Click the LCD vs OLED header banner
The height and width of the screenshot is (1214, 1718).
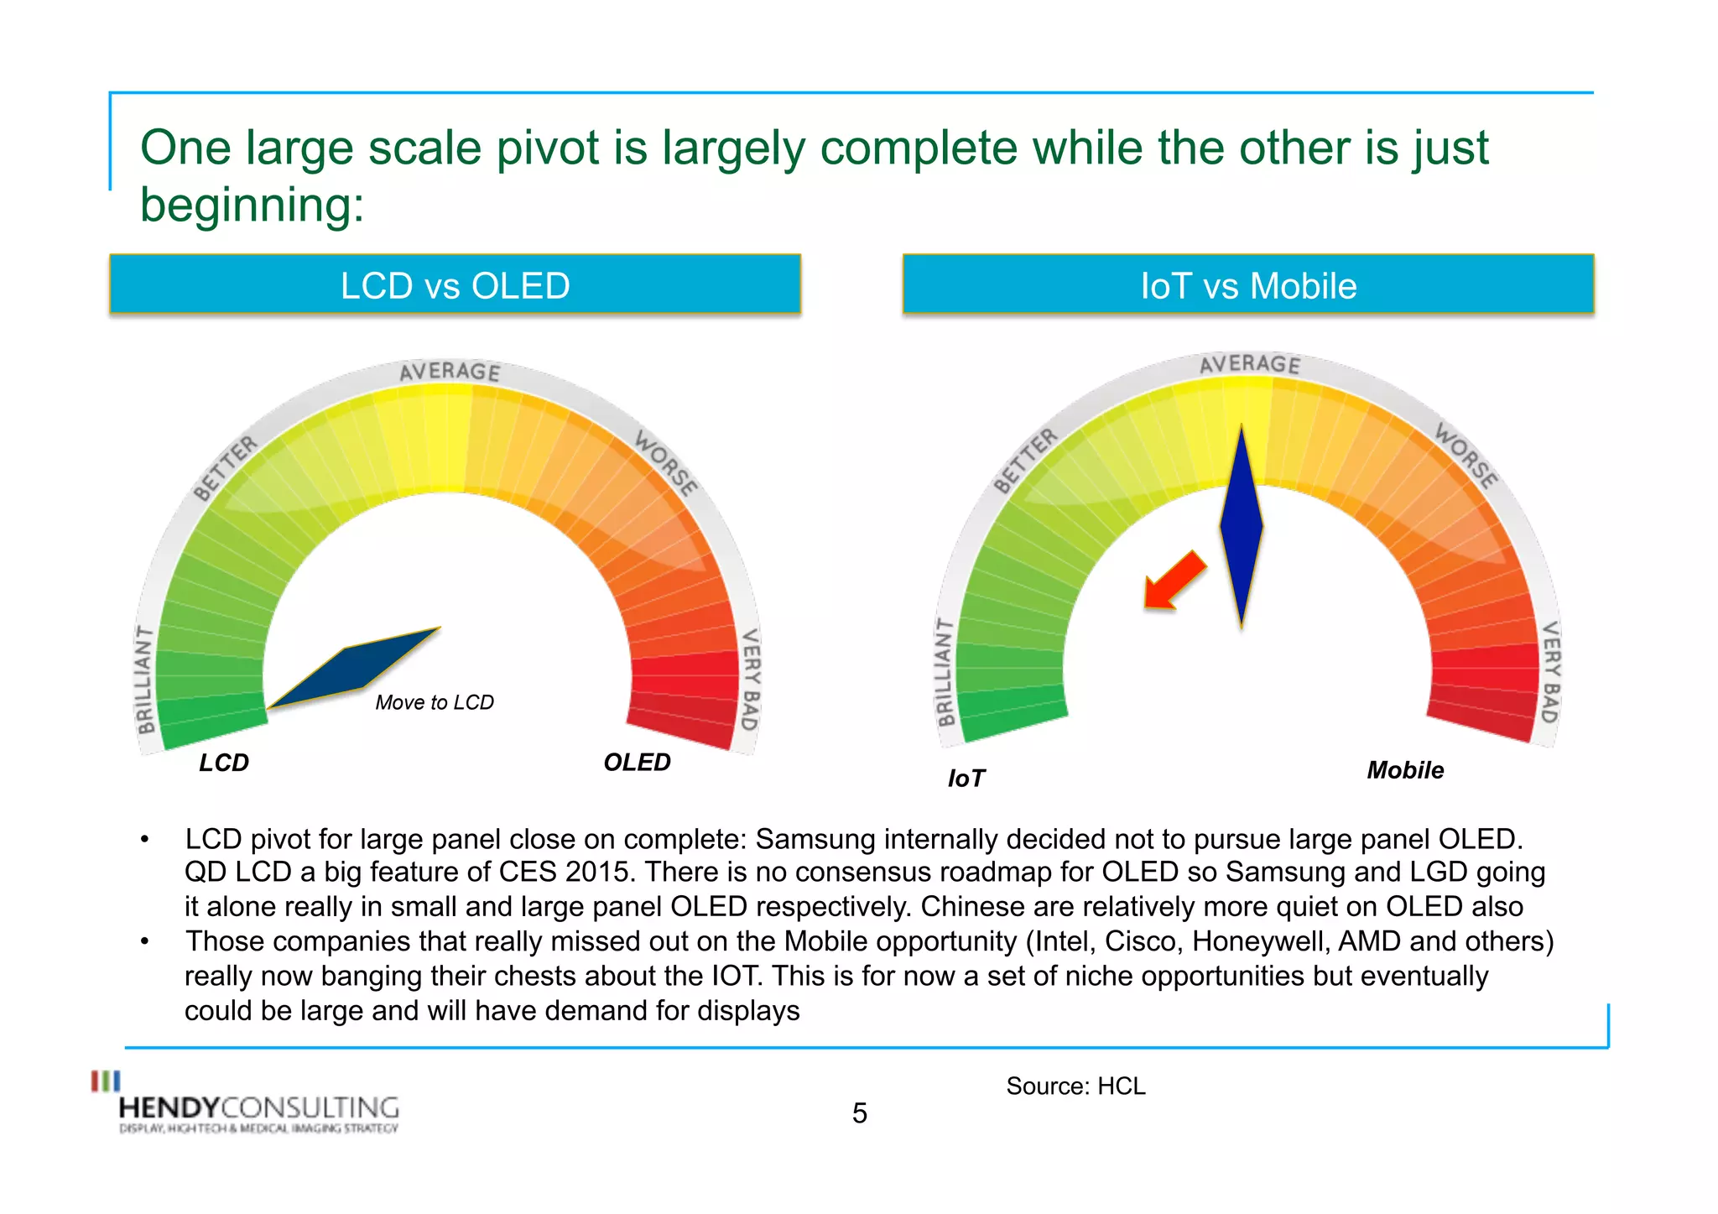[x=455, y=285]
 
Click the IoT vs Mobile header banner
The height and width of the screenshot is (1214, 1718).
[x=1247, y=285]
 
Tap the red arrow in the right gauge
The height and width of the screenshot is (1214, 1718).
[x=1174, y=581]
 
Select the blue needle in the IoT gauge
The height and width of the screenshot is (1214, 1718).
[x=1242, y=527]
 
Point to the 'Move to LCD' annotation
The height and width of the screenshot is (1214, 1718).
[x=435, y=702]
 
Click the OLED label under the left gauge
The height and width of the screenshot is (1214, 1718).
[x=637, y=762]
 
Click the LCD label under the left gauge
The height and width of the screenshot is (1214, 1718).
[x=224, y=763]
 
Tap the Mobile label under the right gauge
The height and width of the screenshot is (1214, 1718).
[x=1405, y=770]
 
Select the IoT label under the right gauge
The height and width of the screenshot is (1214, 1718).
[x=966, y=779]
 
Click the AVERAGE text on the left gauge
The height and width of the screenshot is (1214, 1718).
[x=450, y=372]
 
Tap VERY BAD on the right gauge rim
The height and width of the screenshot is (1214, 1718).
[x=1550, y=671]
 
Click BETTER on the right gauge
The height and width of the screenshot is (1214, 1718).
[x=1025, y=461]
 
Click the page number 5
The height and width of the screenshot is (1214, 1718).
[x=859, y=1113]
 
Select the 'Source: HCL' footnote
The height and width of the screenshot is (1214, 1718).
[x=1075, y=1086]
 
